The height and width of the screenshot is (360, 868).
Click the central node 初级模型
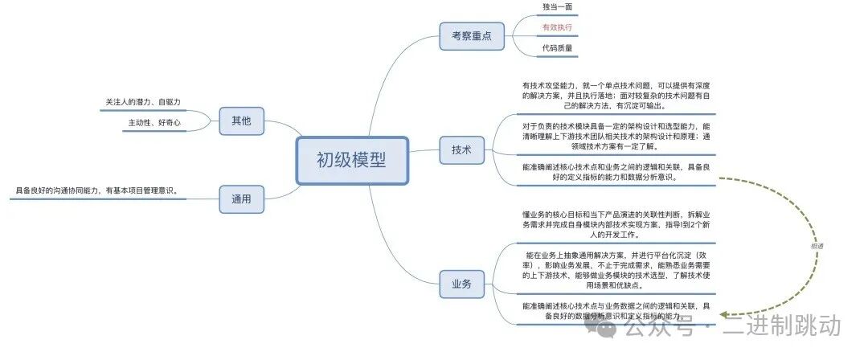click(x=351, y=160)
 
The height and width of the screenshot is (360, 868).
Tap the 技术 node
click(x=461, y=149)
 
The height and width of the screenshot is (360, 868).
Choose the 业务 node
click(x=461, y=283)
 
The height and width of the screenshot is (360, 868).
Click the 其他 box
click(x=241, y=121)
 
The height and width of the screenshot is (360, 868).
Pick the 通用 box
click(x=241, y=198)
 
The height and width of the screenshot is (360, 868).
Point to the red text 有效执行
click(x=557, y=27)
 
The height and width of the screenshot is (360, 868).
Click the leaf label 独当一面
click(x=557, y=6)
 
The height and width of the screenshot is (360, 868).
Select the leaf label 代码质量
click(x=557, y=47)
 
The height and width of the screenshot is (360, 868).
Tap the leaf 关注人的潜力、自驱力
click(x=143, y=102)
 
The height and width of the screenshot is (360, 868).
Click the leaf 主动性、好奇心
click(x=154, y=123)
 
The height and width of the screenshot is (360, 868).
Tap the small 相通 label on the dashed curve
click(x=817, y=246)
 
